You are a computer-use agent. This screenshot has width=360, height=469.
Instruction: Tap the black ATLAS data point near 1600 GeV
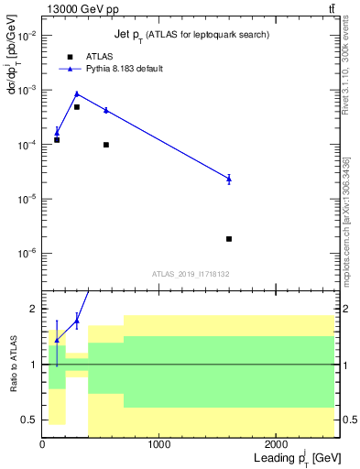(x=229, y=239)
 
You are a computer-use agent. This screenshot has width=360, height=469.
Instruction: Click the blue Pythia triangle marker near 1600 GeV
(x=229, y=179)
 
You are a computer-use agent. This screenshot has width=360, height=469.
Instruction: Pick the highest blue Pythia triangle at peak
(x=77, y=93)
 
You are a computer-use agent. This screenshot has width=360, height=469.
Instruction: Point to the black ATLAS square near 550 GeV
(x=106, y=145)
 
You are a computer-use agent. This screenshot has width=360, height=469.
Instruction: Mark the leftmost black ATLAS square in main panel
(x=57, y=140)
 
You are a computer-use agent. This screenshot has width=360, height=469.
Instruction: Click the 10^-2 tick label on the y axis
(x=27, y=36)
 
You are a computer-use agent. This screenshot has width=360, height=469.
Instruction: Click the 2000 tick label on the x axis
(x=276, y=445)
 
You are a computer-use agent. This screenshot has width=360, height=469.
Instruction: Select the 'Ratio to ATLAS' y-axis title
(x=12, y=364)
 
